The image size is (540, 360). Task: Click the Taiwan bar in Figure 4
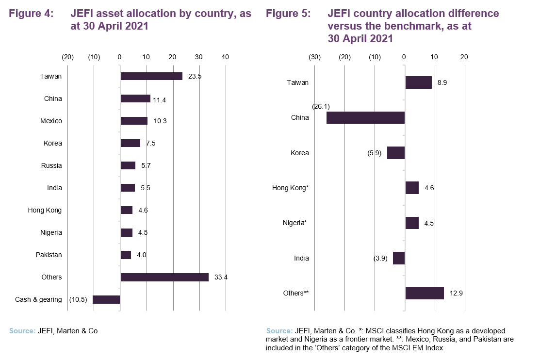tap(151, 76)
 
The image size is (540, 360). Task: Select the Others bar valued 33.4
tap(164, 277)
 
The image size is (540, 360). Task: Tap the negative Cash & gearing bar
tap(106, 299)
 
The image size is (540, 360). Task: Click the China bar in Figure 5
tap(365, 117)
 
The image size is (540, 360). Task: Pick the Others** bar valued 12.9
tap(425, 293)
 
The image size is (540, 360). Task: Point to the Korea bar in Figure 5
tap(396, 153)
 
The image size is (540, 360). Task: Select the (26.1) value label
tap(321, 106)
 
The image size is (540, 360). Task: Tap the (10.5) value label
tap(78, 299)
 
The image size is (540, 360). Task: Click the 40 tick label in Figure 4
tap(225, 57)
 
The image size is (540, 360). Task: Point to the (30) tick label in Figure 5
tap(314, 57)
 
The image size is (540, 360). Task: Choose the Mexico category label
tap(51, 121)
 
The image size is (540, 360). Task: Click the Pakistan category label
tap(49, 255)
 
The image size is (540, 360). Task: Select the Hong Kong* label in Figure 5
tap(290, 188)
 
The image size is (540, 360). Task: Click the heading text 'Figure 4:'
tap(31, 14)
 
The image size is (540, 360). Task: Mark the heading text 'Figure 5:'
tap(288, 14)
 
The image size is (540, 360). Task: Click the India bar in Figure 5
tap(399, 258)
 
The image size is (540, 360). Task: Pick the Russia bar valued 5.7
tap(128, 165)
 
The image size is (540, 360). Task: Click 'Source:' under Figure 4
tap(22, 331)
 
